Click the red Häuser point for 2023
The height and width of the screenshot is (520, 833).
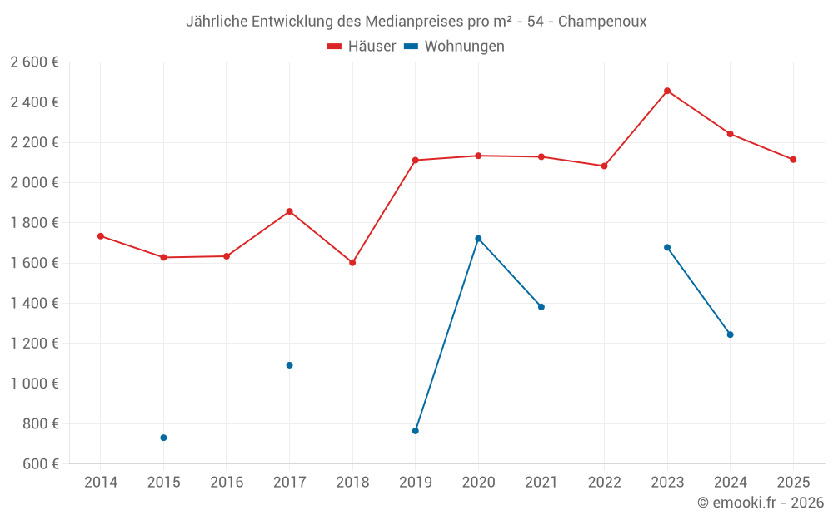[667, 91]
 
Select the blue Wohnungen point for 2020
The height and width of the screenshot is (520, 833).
[478, 239]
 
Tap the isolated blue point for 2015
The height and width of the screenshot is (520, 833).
[163, 438]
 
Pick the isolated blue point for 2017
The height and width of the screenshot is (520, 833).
[289, 365]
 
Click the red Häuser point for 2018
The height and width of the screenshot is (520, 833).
[352, 263]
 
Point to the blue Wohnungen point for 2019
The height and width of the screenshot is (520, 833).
[415, 431]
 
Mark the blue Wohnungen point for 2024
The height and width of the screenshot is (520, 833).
[731, 334]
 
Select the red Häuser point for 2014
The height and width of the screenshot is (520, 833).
[101, 236]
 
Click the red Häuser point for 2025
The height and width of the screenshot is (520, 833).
[793, 160]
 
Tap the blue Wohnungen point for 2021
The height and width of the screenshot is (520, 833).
[541, 307]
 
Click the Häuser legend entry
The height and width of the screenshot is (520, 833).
[362, 47]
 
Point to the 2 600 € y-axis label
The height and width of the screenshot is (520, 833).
[35, 62]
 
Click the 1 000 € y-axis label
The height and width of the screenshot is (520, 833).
[35, 384]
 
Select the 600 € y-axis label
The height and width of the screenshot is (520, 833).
[40, 464]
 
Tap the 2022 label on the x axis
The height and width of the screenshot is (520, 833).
[604, 483]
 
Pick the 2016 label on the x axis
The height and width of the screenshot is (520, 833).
[227, 483]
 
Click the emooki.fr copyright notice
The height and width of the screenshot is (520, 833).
[761, 503]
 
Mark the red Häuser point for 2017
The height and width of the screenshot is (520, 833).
[289, 211]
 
